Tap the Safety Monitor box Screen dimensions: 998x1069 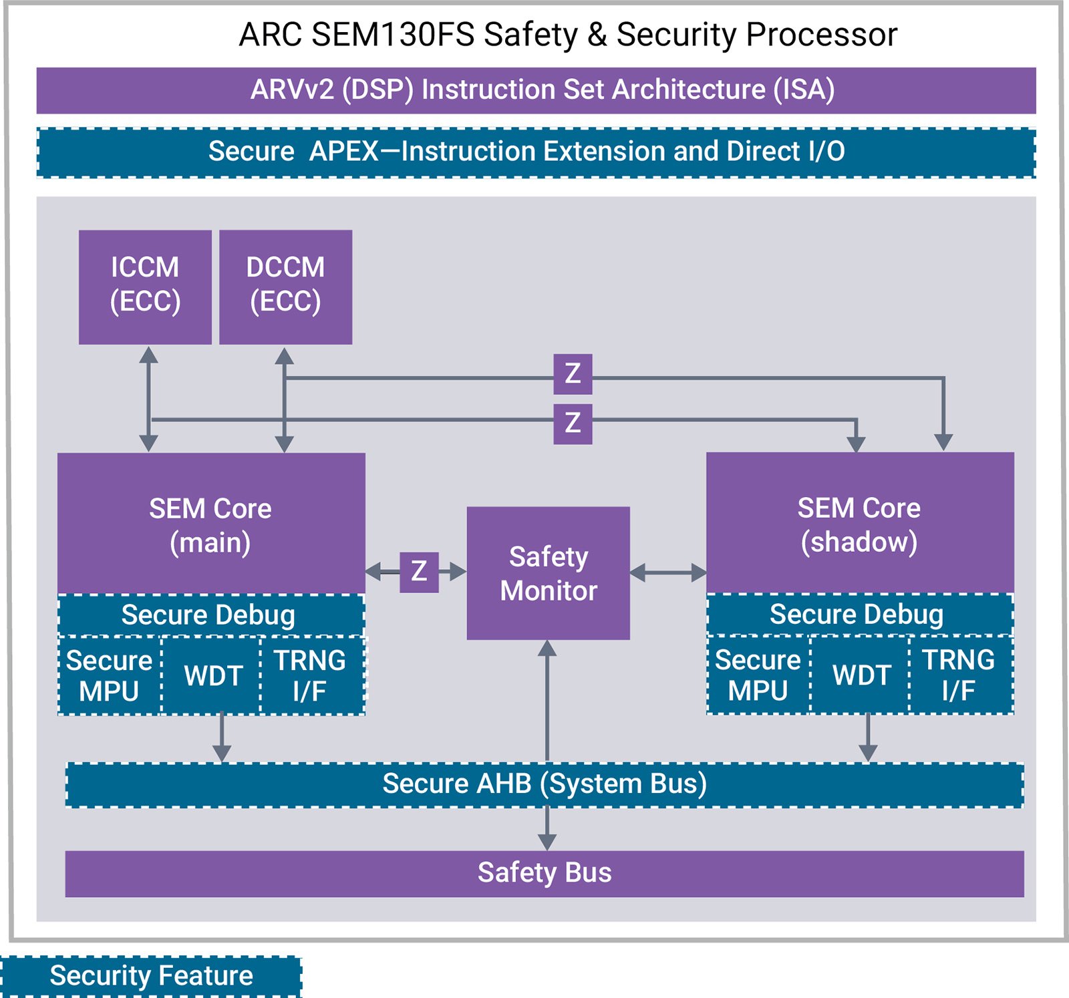pyautogui.click(x=548, y=573)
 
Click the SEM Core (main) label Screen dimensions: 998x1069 pyautogui.click(x=210, y=525)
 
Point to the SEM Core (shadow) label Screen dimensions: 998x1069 pyautogui.click(x=859, y=524)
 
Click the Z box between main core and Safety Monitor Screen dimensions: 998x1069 pyautogui.click(x=419, y=572)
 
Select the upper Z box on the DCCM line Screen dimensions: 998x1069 pyautogui.click(x=573, y=374)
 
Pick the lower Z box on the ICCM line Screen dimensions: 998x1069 pyautogui.click(x=573, y=424)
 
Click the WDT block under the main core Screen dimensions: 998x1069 pyautogui.click(x=212, y=675)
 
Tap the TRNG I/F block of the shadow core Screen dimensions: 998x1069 pyautogui.click(x=959, y=675)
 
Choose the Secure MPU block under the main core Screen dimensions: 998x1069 pyautogui.click(x=109, y=675)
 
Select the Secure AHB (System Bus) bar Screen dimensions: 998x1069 pyautogui.click(x=545, y=784)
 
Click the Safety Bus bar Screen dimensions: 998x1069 pyautogui.click(x=545, y=873)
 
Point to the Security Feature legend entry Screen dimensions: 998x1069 pyautogui.click(x=151, y=976)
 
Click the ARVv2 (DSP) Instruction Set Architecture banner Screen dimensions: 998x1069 pyautogui.click(x=543, y=90)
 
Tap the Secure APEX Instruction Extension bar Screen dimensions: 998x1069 pyautogui.click(x=534, y=152)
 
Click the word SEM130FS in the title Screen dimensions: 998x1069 pyautogui.click(x=393, y=35)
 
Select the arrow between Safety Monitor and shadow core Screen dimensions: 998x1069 pyautogui.click(x=667, y=572)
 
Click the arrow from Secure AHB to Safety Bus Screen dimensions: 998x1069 pyautogui.click(x=547, y=828)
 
